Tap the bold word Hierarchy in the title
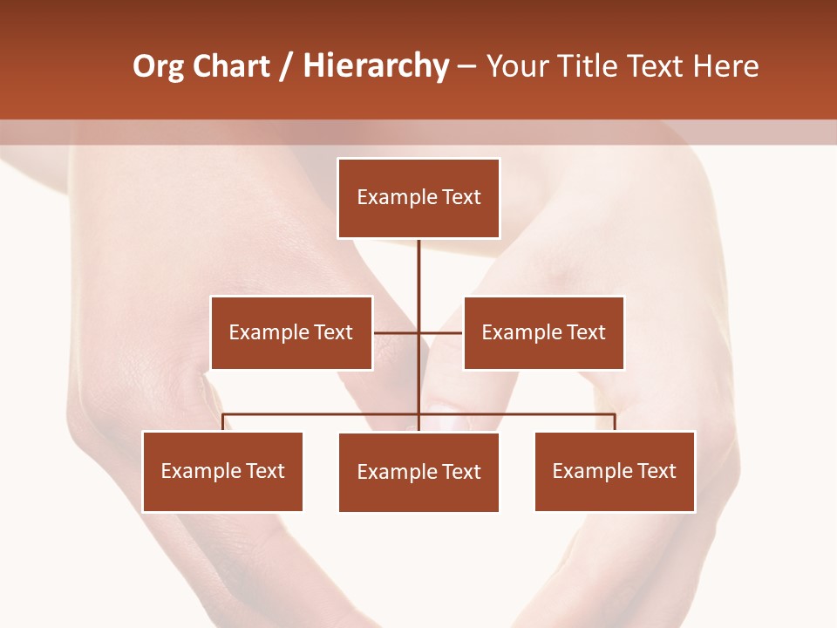tap(376, 67)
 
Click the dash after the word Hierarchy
tap(466, 67)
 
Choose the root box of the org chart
tap(418, 198)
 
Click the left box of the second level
tap(291, 332)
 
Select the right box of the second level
tap(544, 332)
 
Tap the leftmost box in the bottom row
tap(222, 472)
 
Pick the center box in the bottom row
tap(418, 472)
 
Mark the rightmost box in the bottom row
tap(615, 472)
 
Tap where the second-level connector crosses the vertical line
tap(418, 332)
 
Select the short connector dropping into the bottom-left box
tap(223, 422)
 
